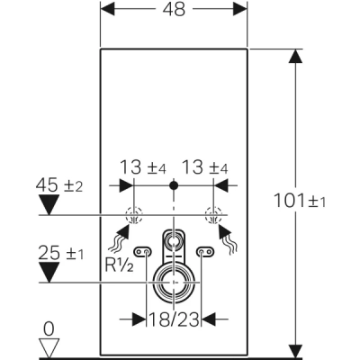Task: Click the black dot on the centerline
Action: click(174, 187)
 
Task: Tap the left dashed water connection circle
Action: click(134, 216)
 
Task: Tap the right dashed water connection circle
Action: click(212, 216)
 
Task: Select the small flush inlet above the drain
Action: click(173, 242)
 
